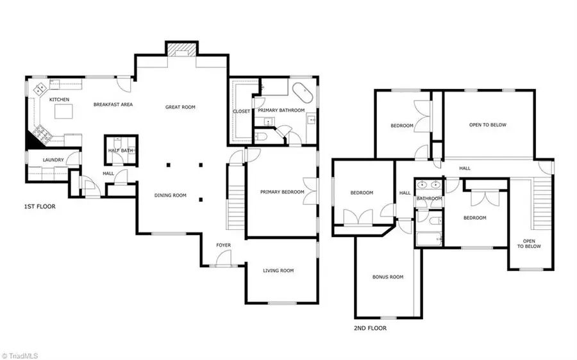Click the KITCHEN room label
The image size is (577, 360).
[59, 100]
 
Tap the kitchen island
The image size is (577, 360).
[63, 113]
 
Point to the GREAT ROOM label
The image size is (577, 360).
[180, 108]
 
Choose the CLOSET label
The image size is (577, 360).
[241, 111]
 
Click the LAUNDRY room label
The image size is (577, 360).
[53, 160]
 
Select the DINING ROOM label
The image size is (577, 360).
[170, 195]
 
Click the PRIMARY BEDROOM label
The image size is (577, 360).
[281, 192]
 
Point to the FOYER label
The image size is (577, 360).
[223, 245]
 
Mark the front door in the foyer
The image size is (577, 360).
[222, 259]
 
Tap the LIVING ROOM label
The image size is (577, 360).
[278, 271]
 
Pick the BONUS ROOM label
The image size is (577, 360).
[388, 277]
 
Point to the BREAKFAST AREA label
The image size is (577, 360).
[113, 104]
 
